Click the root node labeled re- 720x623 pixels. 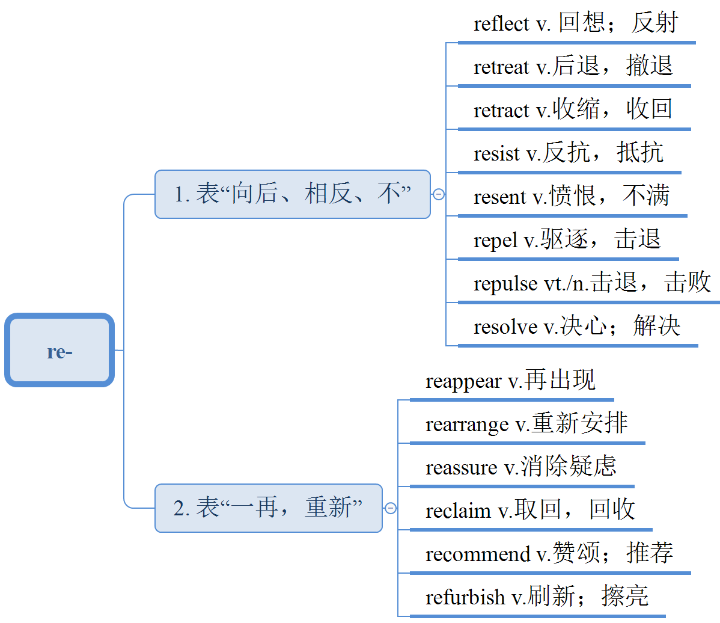pos(59,351)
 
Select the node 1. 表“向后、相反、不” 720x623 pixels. pos(293,194)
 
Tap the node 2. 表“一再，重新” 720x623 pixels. pos(269,508)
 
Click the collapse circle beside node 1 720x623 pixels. pos(439,194)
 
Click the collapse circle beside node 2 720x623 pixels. pos(391,508)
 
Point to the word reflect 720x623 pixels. pos(501,24)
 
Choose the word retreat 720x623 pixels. pos(501,67)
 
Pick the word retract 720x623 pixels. pos(501,111)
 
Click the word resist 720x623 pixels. pos(496,154)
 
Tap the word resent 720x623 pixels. pos(499,197)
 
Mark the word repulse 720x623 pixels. pos(505,284)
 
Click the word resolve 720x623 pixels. pos(505,327)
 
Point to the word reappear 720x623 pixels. pos(463,382)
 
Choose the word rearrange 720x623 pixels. pos(467,425)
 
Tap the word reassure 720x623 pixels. pos(461,468)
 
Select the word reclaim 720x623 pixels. pos(458,511)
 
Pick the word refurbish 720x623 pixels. pos(465,597)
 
